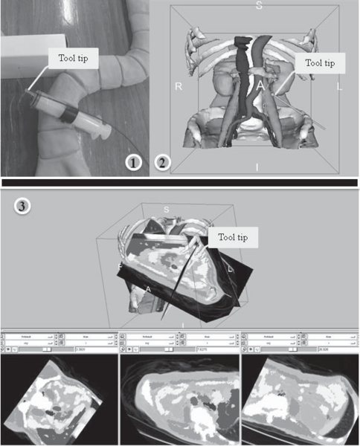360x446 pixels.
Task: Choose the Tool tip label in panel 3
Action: coord(234,237)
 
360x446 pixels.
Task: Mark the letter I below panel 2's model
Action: coord(257,168)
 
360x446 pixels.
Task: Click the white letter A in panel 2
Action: coord(261,87)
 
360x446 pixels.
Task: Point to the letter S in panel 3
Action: coord(167,210)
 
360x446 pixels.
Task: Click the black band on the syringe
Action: coord(67,116)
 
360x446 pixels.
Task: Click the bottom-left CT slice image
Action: coord(59,400)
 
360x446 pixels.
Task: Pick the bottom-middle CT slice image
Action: coord(180,400)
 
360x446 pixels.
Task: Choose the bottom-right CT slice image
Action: coord(300,400)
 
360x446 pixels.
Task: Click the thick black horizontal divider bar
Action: coord(179,181)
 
